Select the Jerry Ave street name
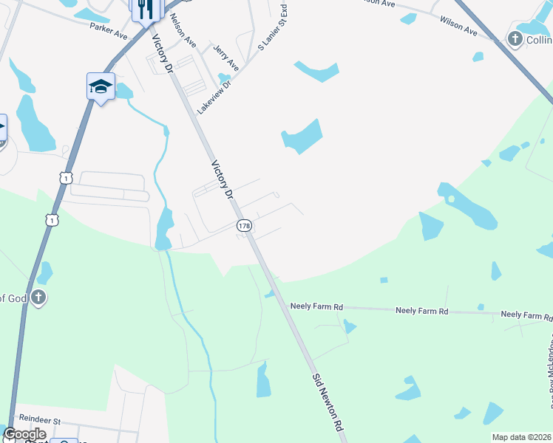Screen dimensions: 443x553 coord(225,57)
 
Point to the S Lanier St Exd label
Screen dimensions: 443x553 coord(271,28)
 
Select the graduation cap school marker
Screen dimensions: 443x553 coord(101,87)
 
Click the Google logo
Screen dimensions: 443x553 coord(24,434)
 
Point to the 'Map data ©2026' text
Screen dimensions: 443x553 coord(521,437)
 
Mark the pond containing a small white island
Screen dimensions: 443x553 coord(466,204)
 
